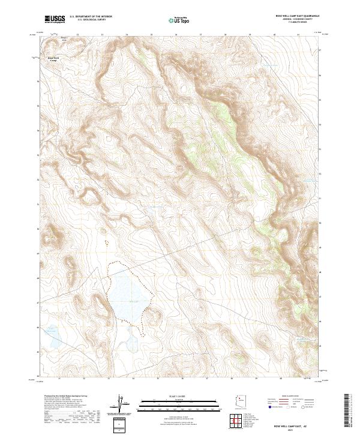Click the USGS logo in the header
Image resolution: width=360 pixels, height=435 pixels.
[55, 19]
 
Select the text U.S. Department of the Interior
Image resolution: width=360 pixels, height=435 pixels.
[91, 17]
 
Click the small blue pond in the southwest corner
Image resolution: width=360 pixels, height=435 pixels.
[53, 337]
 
